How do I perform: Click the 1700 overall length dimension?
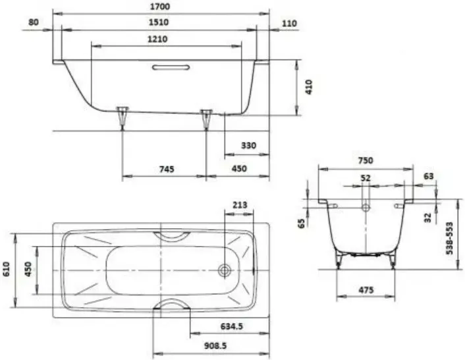tap(160, 6)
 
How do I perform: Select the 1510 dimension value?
tap(159, 22)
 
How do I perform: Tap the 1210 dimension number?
tap(157, 39)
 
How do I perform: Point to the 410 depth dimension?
tap(309, 87)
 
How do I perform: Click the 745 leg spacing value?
tap(167, 169)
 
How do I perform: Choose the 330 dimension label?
tap(248, 146)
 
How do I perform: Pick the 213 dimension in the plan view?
tap(240, 205)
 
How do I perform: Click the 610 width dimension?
tap(7, 269)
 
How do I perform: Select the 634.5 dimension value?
tap(232, 326)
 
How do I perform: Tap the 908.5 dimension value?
tap(215, 345)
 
